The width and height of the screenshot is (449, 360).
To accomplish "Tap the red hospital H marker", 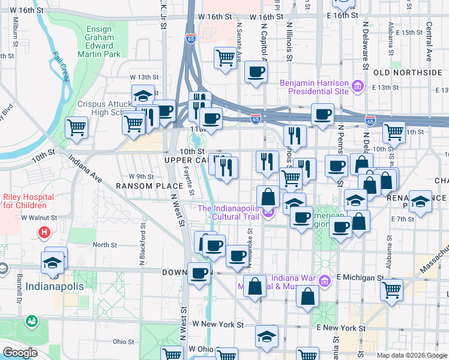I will coord(44,232).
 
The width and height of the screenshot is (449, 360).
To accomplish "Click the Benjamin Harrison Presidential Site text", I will coord(318,87).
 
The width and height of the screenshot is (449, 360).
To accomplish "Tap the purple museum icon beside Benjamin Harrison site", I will coord(359,87).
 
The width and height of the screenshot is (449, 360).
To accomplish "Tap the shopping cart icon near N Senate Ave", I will coord(225,58).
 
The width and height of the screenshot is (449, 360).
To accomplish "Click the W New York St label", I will coord(218,324).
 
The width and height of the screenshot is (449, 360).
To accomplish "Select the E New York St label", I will coord(341,328).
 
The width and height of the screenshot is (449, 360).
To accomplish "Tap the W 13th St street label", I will coord(144,77).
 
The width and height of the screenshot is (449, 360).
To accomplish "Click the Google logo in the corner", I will coord(20,353).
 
